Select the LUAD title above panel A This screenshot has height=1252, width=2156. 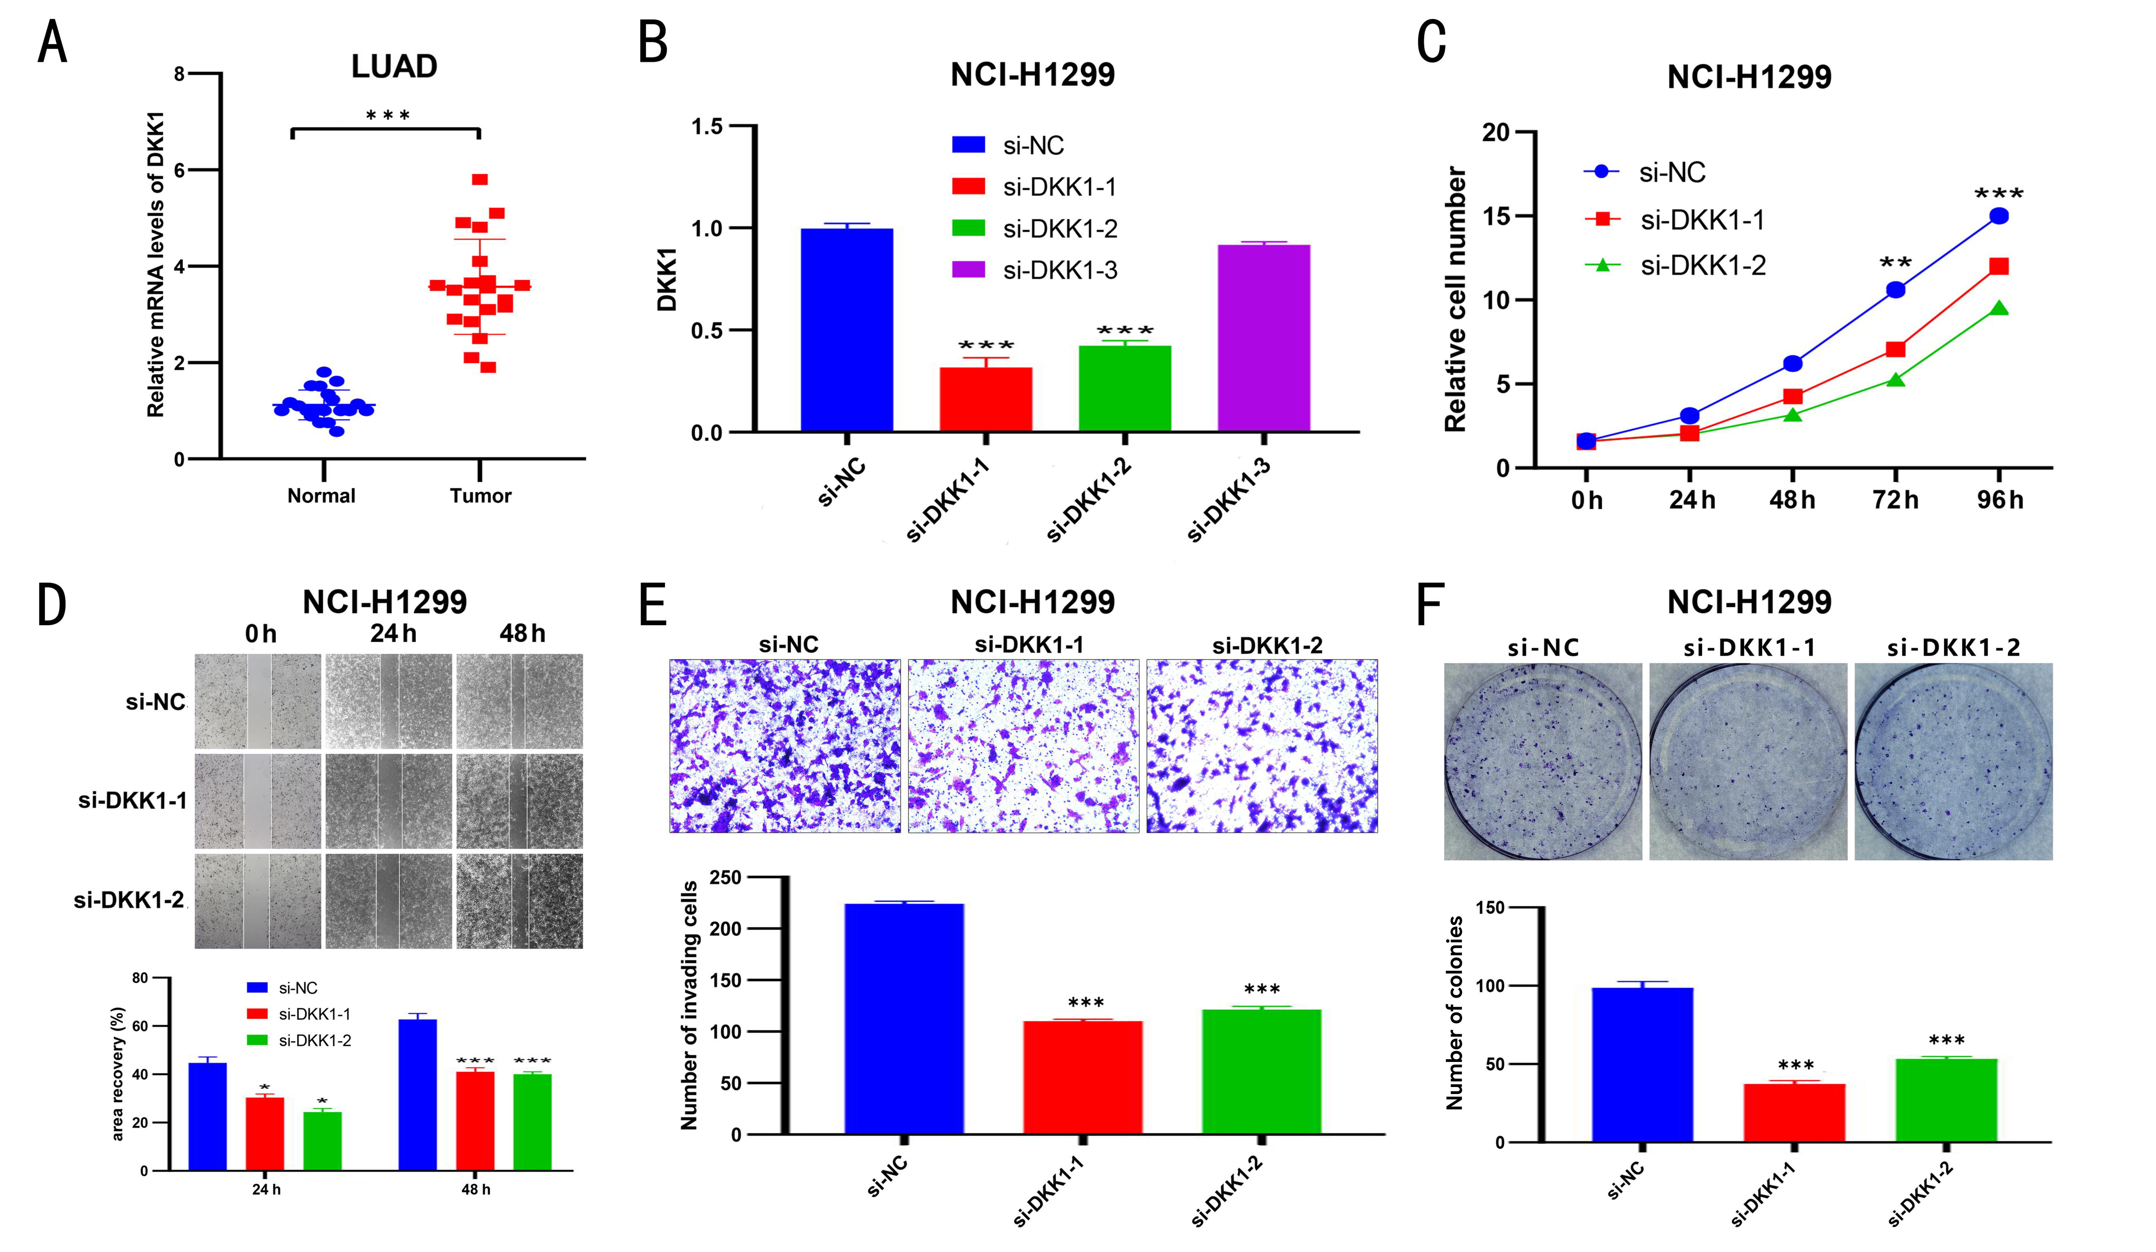(x=395, y=67)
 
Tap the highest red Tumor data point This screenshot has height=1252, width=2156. (x=480, y=180)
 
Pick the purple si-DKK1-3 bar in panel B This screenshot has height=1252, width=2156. (x=1264, y=338)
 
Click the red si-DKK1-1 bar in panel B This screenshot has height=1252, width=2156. (x=986, y=399)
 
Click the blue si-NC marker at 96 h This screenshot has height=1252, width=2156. (x=1999, y=216)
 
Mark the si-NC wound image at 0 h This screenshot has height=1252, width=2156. (x=258, y=701)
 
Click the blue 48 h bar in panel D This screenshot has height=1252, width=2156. (x=417, y=1095)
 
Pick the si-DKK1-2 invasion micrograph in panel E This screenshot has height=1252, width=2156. (x=1262, y=746)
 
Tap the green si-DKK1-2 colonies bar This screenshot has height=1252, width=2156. (x=1946, y=1101)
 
